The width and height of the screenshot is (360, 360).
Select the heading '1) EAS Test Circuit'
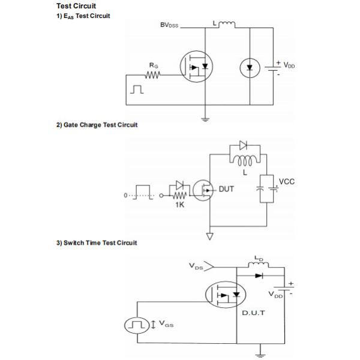click(83, 16)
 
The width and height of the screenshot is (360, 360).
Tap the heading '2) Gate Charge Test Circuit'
click(97, 125)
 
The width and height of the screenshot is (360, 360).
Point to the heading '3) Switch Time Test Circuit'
click(97, 242)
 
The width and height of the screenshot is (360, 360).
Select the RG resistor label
click(154, 65)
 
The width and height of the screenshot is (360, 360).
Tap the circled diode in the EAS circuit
click(250, 68)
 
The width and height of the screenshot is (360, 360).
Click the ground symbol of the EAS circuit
click(206, 119)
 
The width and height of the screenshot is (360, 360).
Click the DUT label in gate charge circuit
click(226, 189)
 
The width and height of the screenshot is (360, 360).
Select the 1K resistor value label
click(179, 205)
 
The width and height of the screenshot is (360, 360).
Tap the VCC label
click(287, 181)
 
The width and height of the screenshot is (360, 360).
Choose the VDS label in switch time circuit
click(196, 265)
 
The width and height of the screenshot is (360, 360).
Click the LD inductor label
click(259, 259)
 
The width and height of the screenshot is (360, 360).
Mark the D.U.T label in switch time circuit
click(254, 313)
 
